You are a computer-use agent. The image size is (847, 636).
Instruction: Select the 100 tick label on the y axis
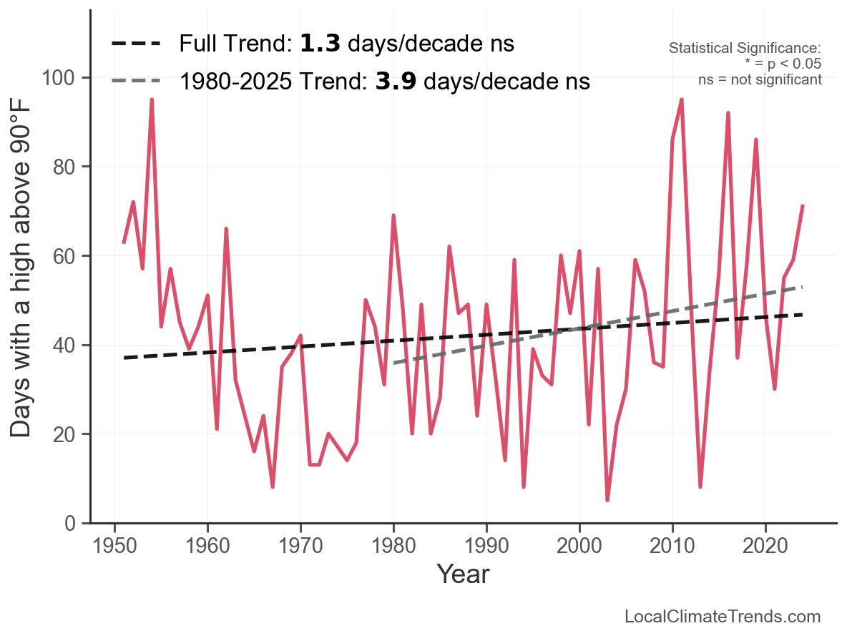pyautogui.click(x=61, y=77)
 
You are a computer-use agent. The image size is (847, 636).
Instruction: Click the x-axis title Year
pyautogui.click(x=463, y=574)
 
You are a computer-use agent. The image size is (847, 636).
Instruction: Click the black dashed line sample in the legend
pyautogui.click(x=136, y=44)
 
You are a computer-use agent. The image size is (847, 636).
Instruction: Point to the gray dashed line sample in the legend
pyautogui.click(x=136, y=81)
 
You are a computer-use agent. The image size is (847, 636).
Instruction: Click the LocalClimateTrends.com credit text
pyautogui.click(x=723, y=617)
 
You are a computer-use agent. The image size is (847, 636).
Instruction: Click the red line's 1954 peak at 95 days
pyautogui.click(x=152, y=99)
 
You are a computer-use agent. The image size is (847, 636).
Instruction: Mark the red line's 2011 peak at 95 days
pyautogui.click(x=682, y=99)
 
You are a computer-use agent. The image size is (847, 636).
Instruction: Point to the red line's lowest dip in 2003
pyautogui.click(x=607, y=500)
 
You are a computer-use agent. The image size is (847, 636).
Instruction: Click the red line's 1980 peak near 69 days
pyautogui.click(x=393, y=215)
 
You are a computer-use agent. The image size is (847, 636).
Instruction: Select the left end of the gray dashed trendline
pyautogui.click(x=394, y=363)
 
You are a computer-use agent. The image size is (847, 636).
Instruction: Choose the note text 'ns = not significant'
pyautogui.click(x=760, y=79)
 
